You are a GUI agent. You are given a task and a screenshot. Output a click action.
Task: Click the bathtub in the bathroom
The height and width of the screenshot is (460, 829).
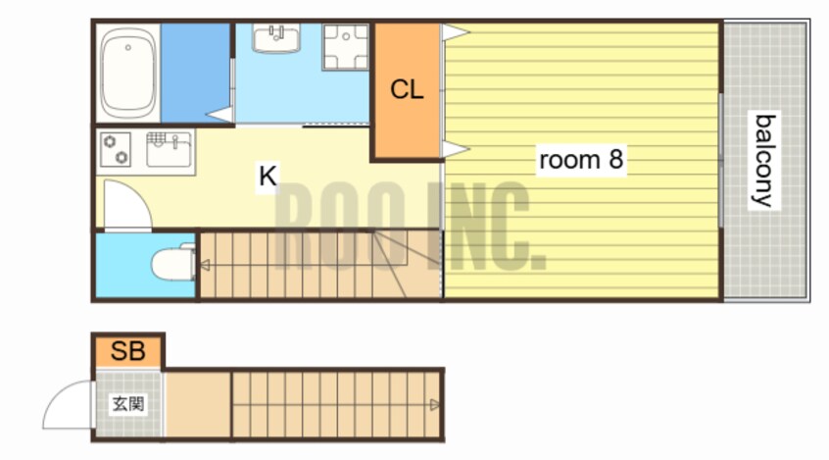coord(128,73)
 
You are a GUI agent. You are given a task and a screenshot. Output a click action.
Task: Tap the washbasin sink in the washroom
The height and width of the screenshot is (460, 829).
coord(276,37)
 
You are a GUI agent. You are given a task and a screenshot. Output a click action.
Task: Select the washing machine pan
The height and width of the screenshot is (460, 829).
coord(345,47)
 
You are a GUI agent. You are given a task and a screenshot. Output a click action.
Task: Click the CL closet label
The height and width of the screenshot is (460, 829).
coord(407,89)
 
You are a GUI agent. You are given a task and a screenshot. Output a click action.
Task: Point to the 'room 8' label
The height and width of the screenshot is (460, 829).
coord(580,159)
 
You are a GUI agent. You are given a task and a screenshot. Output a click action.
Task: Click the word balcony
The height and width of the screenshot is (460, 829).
coord(764,161)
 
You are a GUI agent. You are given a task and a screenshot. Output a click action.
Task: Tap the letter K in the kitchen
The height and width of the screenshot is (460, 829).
coord(268,176)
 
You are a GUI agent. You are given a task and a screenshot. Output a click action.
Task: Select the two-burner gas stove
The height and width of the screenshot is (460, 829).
coord(116,149)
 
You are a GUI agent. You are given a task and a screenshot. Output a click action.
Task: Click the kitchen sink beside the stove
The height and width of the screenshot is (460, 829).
coord(169,149)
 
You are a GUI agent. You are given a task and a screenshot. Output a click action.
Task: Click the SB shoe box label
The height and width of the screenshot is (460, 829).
coord(127,350)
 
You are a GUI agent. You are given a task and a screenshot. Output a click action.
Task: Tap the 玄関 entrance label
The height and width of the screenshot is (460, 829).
coord(128,404)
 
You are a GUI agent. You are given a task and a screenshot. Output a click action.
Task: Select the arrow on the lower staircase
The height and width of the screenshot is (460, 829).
coord(435,405)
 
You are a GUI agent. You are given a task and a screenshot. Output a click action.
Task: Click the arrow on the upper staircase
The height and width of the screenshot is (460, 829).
coord(205,265)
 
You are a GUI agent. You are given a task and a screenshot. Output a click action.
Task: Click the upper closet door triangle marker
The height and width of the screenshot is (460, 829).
coord(456,31)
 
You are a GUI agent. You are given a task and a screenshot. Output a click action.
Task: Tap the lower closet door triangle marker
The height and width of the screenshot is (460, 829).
coord(456,149)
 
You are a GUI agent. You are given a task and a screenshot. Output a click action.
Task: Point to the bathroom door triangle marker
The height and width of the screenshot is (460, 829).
coord(219,115)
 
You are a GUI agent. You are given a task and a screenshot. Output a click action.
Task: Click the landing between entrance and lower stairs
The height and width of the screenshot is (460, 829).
coord(198,405)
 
